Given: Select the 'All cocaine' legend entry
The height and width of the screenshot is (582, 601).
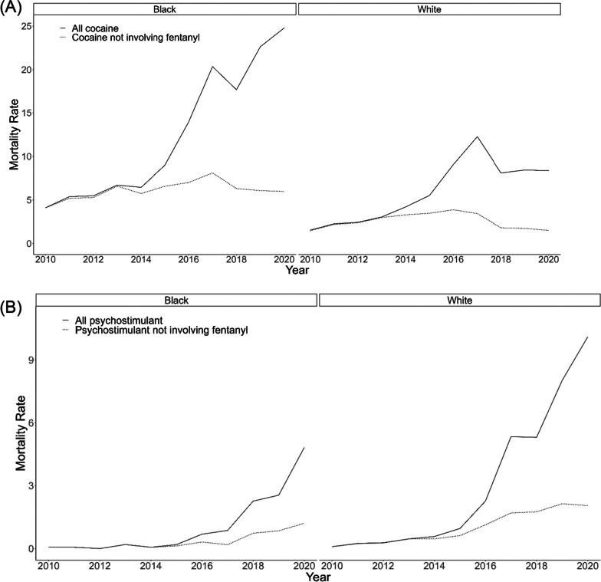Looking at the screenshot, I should coord(95,28).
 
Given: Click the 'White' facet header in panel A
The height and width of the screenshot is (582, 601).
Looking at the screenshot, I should coord(429,8).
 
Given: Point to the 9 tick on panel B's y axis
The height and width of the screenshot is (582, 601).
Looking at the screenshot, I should coord(28,360).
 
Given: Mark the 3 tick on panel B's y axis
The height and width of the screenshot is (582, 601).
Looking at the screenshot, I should coord(28,485).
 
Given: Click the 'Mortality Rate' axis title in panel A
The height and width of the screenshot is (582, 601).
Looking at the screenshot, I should coord(13,135).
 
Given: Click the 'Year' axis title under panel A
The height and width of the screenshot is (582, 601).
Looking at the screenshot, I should coord(297,270).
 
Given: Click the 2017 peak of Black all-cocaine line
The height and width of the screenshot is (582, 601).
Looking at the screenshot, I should coord(212,66).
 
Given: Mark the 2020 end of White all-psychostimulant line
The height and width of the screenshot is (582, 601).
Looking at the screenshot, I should coord(587,337).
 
